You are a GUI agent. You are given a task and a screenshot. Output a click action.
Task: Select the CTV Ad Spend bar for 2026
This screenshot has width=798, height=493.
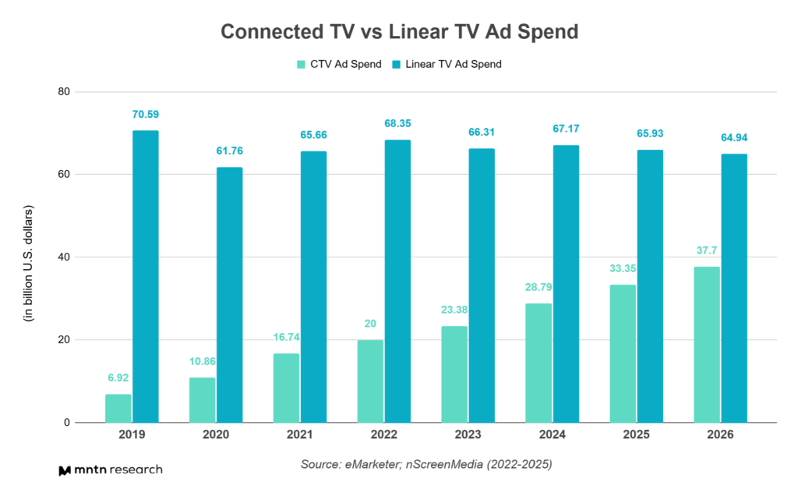[706, 344]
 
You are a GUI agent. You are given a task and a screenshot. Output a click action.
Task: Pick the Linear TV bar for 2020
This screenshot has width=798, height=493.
[229, 295]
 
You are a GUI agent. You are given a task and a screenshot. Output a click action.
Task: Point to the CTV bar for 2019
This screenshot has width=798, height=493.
[118, 408]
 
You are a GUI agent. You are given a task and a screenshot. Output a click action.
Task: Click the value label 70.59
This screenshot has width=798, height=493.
[145, 115]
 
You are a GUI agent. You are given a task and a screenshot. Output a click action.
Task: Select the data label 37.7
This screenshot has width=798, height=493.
[706, 251]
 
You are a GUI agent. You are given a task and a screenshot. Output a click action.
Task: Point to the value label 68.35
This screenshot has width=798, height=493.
[397, 124]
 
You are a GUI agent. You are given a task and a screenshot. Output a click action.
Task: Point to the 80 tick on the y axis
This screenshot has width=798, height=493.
[63, 92]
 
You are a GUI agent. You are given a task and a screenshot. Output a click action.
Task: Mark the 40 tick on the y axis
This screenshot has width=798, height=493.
[63, 257]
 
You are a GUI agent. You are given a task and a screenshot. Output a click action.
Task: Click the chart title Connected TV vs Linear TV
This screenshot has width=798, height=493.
[398, 32]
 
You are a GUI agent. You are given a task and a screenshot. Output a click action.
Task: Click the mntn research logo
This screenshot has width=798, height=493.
[110, 470]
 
